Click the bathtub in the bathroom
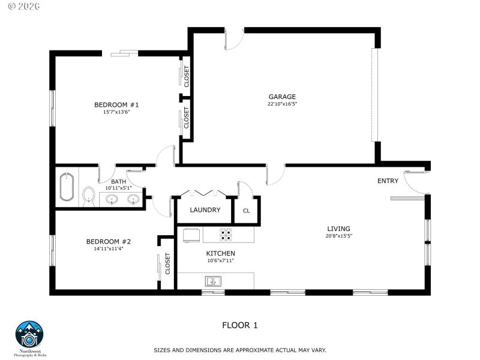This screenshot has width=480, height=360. [67, 187]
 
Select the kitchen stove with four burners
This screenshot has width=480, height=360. [226, 234]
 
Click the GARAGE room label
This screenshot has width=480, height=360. [282, 97]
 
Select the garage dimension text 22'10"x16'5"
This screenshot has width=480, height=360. [282, 104]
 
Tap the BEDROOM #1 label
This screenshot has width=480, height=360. [116, 105]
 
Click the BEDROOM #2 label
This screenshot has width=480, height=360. [108, 242]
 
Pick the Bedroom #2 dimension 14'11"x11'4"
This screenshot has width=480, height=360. [108, 249]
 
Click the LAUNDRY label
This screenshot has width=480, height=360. [205, 210]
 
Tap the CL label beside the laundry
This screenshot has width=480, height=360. [247, 211]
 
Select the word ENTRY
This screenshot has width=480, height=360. [388, 181]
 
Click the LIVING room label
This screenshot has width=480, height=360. [338, 229]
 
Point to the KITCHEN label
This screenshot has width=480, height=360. [221, 253]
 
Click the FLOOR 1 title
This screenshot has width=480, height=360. [240, 325]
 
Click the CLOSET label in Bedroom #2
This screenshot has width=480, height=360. [168, 264]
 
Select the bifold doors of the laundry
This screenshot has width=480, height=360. [204, 193]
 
